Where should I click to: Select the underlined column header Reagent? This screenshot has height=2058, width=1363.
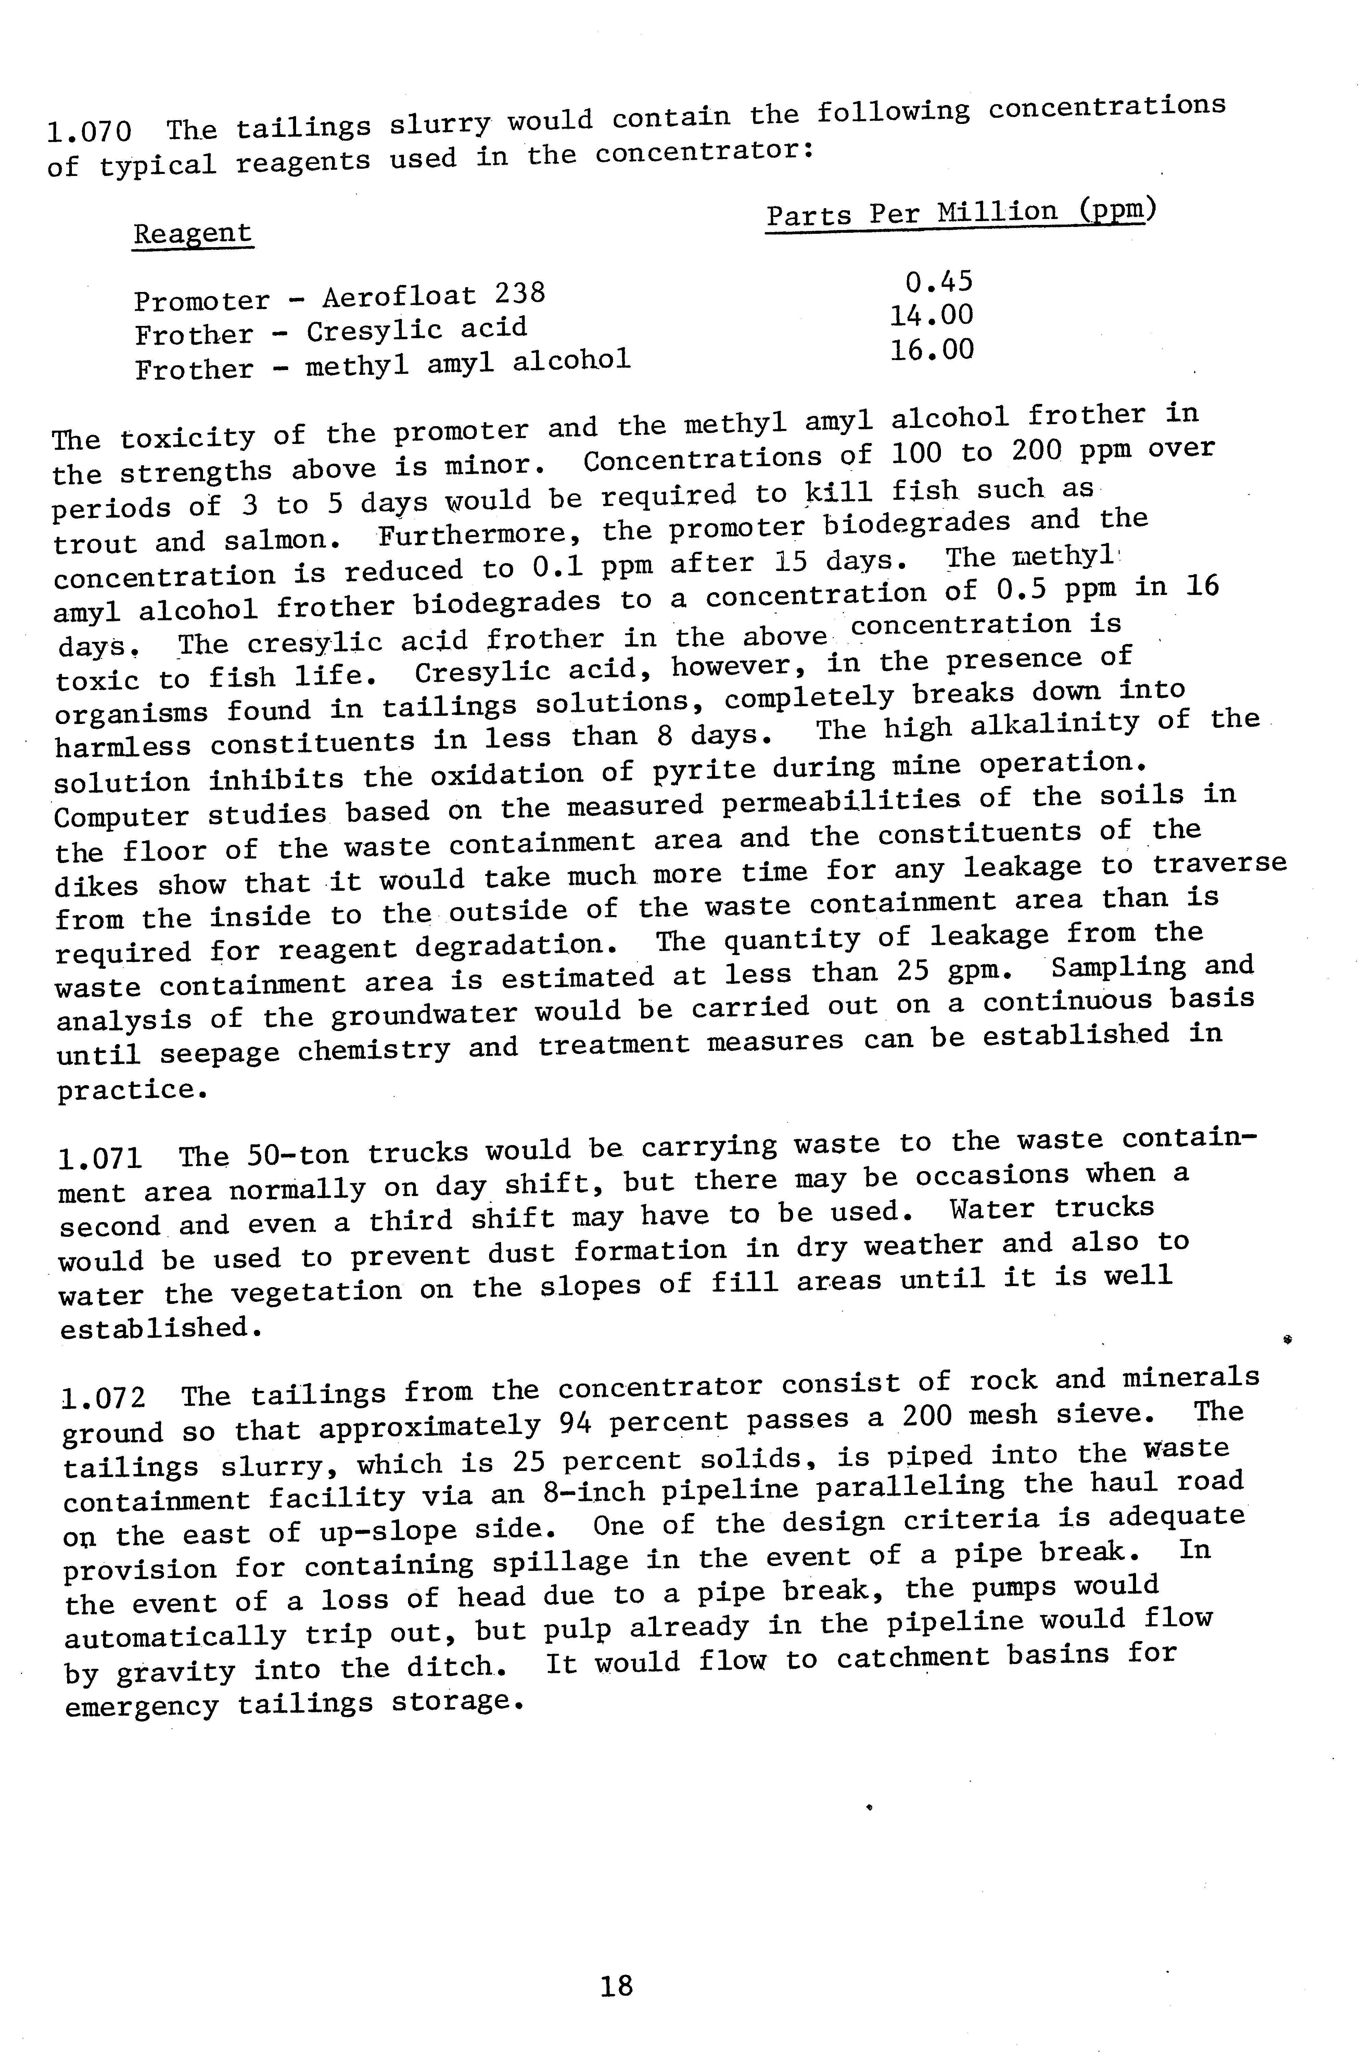[192, 234]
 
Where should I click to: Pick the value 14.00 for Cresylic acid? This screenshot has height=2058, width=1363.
[931, 316]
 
